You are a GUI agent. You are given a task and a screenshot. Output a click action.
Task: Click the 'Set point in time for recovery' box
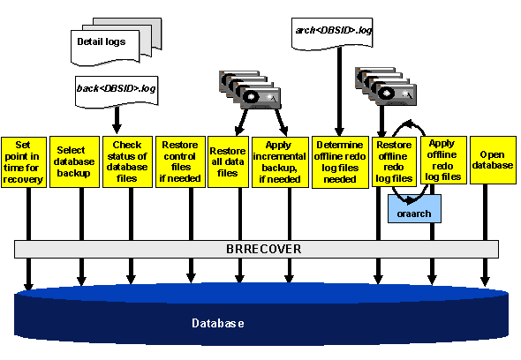24,161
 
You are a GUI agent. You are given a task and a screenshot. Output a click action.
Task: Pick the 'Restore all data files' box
227,155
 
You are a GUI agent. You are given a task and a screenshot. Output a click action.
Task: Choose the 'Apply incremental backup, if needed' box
278,161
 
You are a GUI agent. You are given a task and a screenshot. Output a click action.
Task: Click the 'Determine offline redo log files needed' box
338,161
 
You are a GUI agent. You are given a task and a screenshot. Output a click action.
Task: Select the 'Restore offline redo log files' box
393,161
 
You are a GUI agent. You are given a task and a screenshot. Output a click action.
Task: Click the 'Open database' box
492,159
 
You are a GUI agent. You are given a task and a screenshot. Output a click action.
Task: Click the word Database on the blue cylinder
218,324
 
